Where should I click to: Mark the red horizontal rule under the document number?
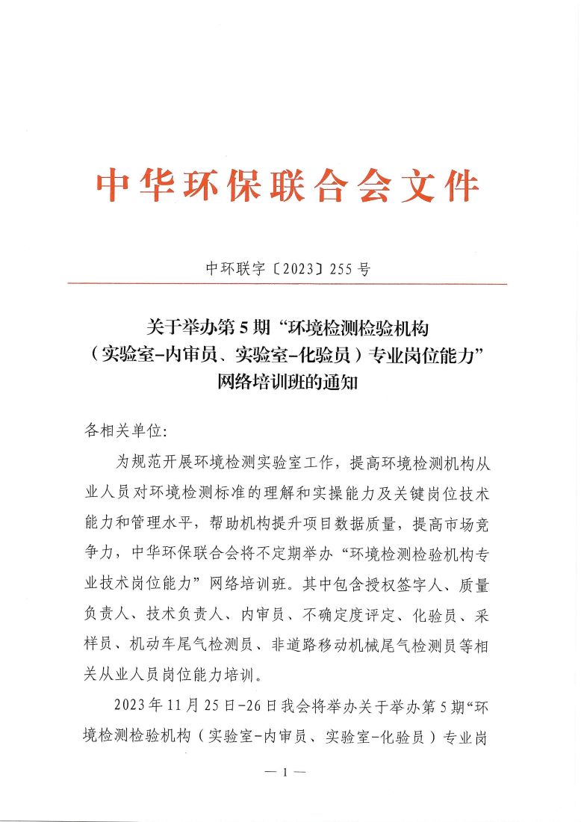pos(287,284)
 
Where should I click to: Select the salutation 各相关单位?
pos(122,431)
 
